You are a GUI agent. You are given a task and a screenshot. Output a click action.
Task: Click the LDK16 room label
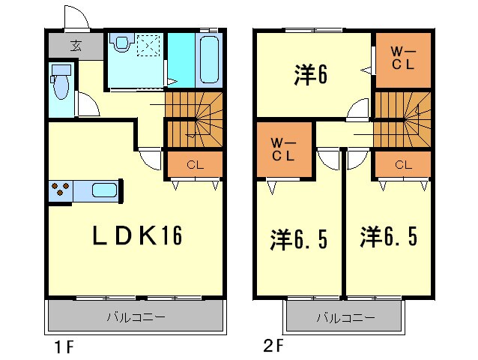[136, 236]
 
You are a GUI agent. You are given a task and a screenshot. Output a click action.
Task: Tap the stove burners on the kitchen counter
[60, 191]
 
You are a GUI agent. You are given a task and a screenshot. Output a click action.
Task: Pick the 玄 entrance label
[76, 46]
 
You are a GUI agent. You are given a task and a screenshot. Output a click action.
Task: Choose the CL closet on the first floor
[193, 163]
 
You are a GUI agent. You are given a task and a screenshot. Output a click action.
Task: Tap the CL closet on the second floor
[402, 163]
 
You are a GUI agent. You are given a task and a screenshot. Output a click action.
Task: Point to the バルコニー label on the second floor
[345, 318]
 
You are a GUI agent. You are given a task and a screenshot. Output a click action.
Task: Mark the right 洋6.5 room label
[387, 238]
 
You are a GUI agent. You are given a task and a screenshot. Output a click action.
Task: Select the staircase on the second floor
[403, 117]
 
